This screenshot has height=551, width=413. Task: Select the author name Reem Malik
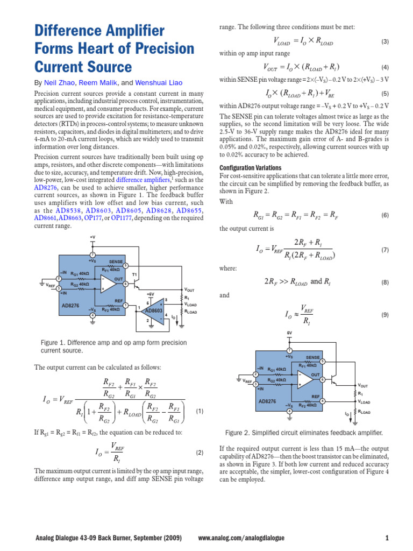[x=100, y=83]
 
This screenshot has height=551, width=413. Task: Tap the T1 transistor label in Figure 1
[x=134, y=274]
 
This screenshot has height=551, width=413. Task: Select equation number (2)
[x=200, y=453]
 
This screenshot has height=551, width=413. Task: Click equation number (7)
[x=384, y=250]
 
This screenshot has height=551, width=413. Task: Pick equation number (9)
[x=384, y=315]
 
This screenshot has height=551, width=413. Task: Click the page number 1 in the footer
[x=387, y=538]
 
